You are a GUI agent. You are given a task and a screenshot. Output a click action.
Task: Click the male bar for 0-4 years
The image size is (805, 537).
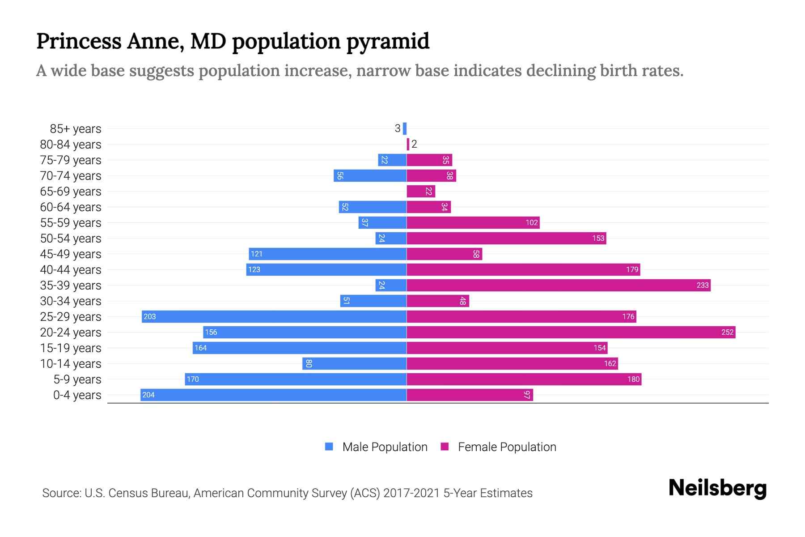pyautogui.click(x=273, y=395)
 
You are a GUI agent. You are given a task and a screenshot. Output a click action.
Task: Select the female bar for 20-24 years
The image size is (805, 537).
pyautogui.click(x=571, y=332)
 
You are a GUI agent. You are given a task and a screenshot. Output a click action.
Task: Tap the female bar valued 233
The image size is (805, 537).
pyautogui.click(x=558, y=285)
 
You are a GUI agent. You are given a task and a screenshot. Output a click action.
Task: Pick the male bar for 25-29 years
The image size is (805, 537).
pyautogui.click(x=274, y=316)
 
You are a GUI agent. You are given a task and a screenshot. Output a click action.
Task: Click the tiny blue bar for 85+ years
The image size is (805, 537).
pyautogui.click(x=405, y=128)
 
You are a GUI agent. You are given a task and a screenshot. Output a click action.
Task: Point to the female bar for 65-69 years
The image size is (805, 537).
pyautogui.click(x=420, y=191)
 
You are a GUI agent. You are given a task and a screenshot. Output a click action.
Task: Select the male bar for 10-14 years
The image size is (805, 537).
pyautogui.click(x=354, y=363)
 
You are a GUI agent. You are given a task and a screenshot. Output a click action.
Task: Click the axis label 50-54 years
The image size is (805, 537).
pyautogui.click(x=71, y=239)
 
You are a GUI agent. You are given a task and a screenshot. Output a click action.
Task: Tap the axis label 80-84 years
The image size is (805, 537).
pyautogui.click(x=71, y=145)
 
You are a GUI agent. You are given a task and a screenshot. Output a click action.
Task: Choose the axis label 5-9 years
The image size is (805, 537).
pyautogui.click(x=77, y=379)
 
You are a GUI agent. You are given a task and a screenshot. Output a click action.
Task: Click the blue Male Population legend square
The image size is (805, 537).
pyautogui.click(x=329, y=447)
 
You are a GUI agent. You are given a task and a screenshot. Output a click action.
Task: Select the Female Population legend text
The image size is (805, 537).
pyautogui.click(x=507, y=447)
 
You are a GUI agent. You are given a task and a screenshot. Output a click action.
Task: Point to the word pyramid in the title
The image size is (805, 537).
pyautogui.click(x=388, y=41)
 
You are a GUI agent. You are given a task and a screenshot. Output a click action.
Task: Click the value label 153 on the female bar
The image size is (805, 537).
pyautogui.click(x=598, y=238)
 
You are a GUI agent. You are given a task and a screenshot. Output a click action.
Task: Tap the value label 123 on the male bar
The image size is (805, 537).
pyautogui.click(x=254, y=269)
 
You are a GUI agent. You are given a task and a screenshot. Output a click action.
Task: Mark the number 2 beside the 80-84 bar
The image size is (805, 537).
pyautogui.click(x=414, y=144)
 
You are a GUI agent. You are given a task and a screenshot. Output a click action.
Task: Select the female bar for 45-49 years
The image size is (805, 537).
pyautogui.click(x=444, y=254)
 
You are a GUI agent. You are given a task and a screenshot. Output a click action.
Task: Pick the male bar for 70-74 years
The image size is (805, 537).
pyautogui.click(x=370, y=175)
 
